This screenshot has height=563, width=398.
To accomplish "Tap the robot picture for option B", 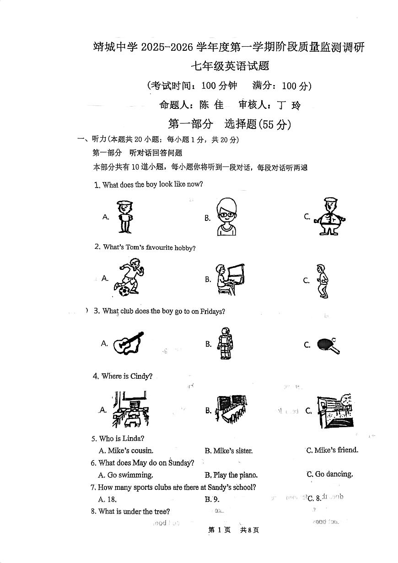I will (x=225, y=343).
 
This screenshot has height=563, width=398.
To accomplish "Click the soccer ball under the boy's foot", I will (x=124, y=290).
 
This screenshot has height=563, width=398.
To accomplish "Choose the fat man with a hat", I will (x=329, y=216).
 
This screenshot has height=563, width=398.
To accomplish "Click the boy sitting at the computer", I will (x=229, y=279).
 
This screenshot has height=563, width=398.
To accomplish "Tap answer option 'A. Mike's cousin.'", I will (x=126, y=451).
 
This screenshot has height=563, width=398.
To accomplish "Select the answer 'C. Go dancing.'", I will (x=330, y=474).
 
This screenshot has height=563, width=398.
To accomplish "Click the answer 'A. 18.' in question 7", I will (x=108, y=499).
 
